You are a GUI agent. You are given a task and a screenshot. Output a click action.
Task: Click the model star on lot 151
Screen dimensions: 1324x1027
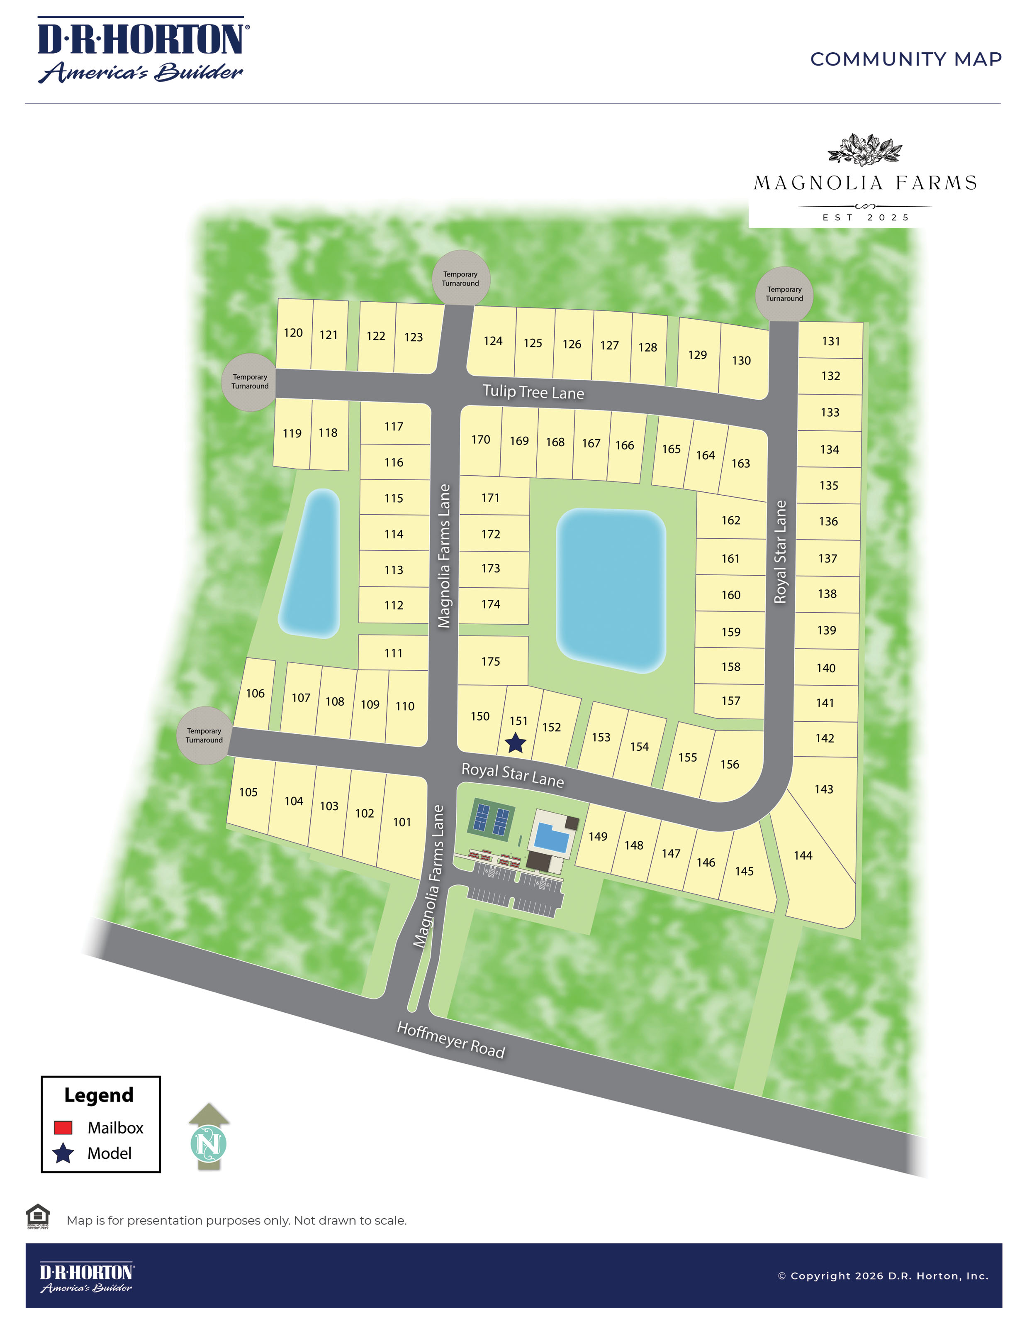515,743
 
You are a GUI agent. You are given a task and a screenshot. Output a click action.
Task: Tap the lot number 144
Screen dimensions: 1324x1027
803,855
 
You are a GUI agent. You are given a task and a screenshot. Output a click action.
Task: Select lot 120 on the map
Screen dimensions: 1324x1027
293,333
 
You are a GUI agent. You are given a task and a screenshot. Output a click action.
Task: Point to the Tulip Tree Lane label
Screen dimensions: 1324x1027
533,392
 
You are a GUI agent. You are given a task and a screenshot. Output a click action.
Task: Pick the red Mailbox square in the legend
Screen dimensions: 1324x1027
63,1128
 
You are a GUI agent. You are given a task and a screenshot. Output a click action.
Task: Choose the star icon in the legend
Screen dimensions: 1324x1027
63,1153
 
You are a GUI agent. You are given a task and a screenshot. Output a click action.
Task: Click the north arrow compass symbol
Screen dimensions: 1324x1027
209,1137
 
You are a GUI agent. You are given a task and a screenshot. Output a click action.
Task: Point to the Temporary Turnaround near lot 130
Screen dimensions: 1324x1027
784,294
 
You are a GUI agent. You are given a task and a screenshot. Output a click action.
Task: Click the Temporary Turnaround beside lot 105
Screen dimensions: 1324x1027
204,735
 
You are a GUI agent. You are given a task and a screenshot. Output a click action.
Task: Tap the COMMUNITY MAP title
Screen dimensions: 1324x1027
905,59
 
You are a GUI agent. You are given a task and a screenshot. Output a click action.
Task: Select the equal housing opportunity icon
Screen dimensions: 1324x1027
38,1216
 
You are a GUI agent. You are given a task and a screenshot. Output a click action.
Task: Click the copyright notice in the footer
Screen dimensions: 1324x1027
883,1276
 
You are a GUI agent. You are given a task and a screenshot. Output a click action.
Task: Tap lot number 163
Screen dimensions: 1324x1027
740,464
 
